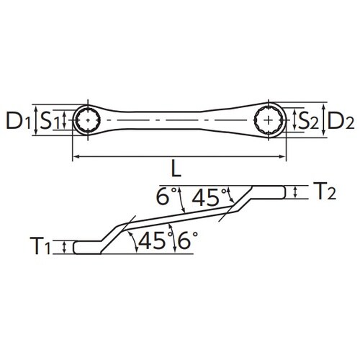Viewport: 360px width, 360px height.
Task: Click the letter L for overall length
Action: click(x=176, y=171)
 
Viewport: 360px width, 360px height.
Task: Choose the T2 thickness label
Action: click(x=323, y=192)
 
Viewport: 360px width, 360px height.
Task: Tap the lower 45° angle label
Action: click(x=150, y=241)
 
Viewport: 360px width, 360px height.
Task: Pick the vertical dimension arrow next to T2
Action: click(x=295, y=191)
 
